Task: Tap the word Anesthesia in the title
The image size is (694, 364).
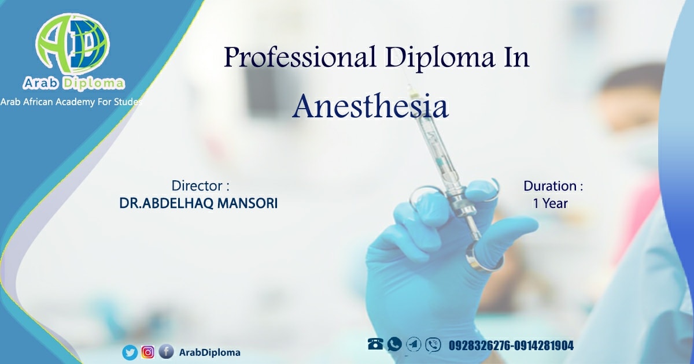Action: pos(371,106)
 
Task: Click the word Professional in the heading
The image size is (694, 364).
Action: pos(300,57)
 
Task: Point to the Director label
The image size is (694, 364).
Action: pos(201,185)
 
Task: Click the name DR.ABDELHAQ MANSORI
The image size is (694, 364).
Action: pos(198,203)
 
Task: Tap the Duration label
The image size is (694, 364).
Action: pos(553,186)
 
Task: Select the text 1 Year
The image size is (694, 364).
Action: pos(550,203)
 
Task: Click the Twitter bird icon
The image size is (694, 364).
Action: pos(130,352)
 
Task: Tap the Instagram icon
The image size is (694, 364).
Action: pos(148,352)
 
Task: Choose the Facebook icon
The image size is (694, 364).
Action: pos(166,352)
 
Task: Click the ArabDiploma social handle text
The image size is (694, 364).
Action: pos(210,352)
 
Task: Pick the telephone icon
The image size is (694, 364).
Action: pos(375,344)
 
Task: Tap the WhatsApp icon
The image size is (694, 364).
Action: pos(394,344)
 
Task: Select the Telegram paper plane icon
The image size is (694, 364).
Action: pos(414,344)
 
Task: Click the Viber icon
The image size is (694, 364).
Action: pos(433,345)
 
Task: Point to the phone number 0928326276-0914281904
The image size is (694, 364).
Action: pos(511,346)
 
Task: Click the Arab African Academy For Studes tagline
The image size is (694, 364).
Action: pos(71,102)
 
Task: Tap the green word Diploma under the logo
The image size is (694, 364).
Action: pos(94,83)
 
